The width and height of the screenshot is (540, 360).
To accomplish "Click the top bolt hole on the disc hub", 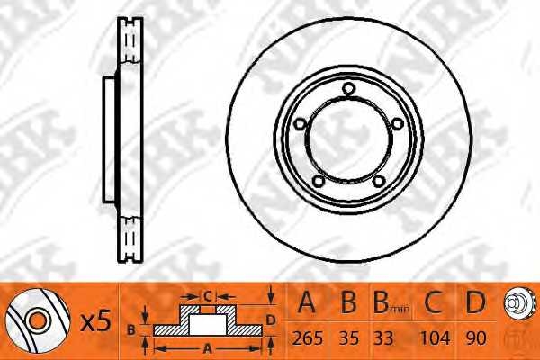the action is point(348,88).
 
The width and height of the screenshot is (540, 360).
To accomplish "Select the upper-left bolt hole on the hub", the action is point(301,123).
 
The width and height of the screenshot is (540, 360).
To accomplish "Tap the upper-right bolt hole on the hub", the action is point(398,123).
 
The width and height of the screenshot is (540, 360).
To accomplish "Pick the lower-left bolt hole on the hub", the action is point(319,180).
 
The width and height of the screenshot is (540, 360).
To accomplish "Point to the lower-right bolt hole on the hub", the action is point(379,180).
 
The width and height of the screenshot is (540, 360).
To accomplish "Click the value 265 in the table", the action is point(308,338).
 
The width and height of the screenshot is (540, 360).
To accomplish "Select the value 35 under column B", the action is point(349,338).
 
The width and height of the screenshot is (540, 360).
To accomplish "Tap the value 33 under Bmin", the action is point(383,338).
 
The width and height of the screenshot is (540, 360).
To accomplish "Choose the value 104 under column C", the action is point(435,338).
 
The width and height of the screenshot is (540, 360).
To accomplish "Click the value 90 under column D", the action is point(475,338).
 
